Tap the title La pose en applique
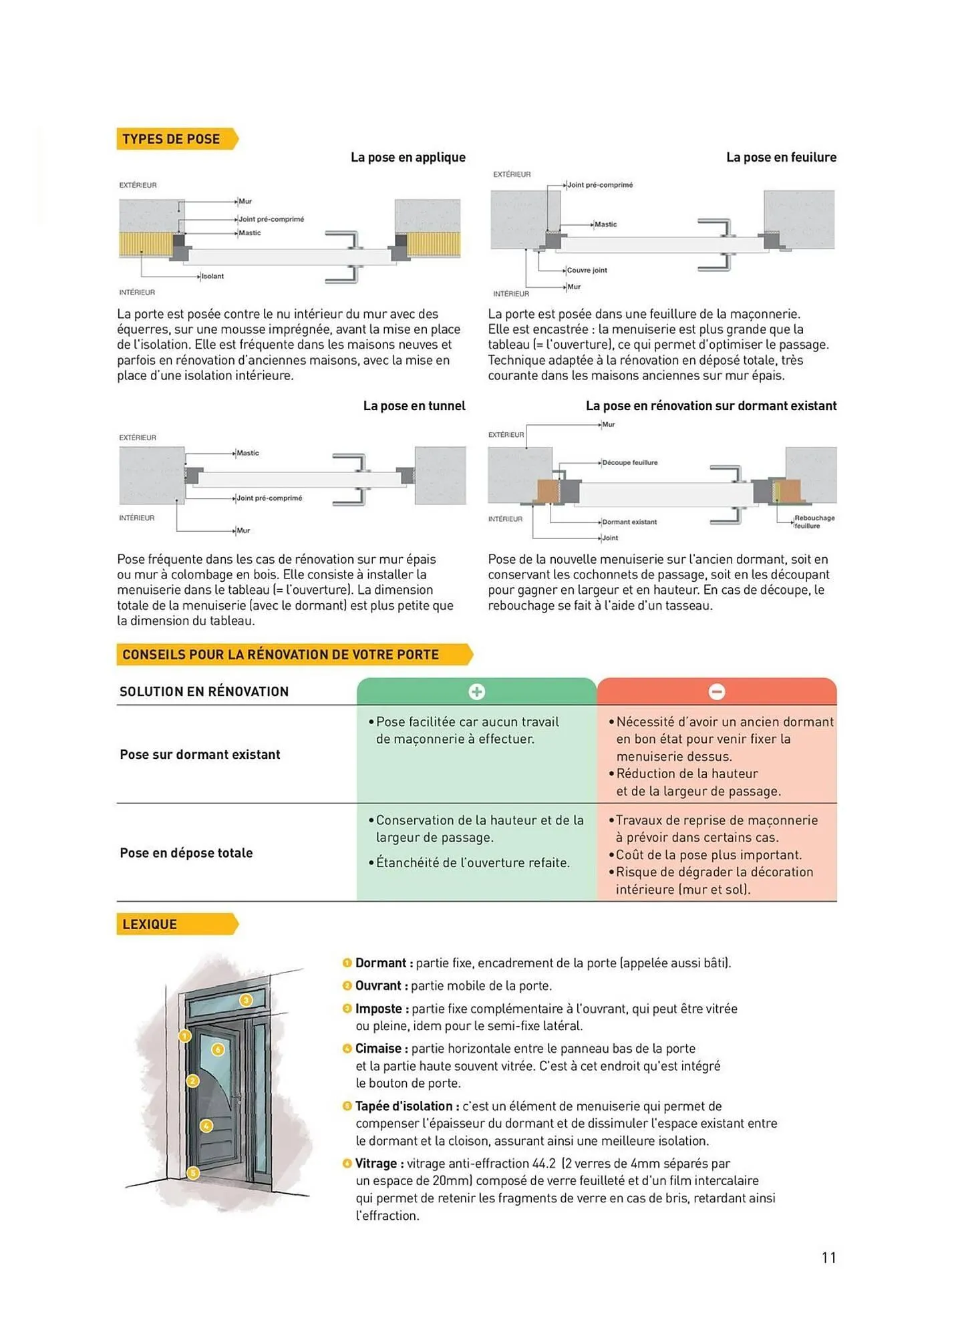coord(408,158)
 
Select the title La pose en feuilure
coord(780,158)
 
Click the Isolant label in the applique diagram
coord(212,277)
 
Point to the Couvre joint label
coord(587,271)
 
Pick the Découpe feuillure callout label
coord(629,463)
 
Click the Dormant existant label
coord(629,522)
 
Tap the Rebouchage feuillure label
coord(814,522)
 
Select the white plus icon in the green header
coord(476,692)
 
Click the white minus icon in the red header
coord(716,692)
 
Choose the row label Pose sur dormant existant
coord(200,755)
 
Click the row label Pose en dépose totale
coord(186,853)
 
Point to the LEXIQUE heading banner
coord(150,925)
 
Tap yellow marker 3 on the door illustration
coord(246,1000)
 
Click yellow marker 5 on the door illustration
coord(192,1173)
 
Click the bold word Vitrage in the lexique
coord(376,1164)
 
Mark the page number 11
coord(828,1258)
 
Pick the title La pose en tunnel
coord(414,406)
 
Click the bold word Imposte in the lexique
coord(378,1009)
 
